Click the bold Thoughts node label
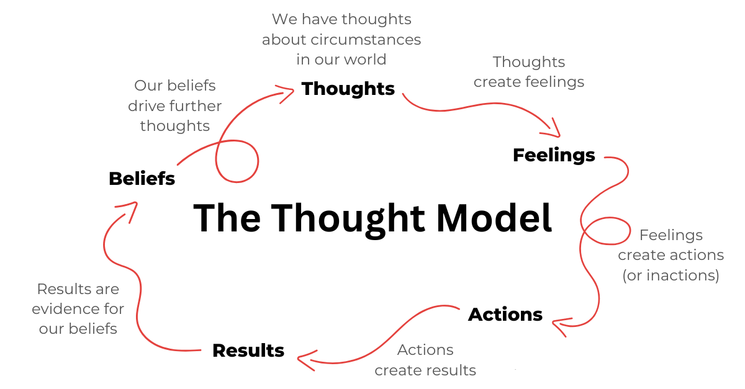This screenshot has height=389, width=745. coord(348,89)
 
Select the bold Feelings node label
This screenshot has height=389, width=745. coord(554,155)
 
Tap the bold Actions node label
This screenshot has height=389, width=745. coord(505,315)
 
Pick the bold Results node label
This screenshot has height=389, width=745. coord(248,351)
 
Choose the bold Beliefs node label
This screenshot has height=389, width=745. coord(142,179)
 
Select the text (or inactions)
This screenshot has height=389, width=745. coord(670,275)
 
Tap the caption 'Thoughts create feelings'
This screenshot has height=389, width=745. coord(529,72)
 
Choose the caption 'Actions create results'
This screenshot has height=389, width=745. coord(425,360)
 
